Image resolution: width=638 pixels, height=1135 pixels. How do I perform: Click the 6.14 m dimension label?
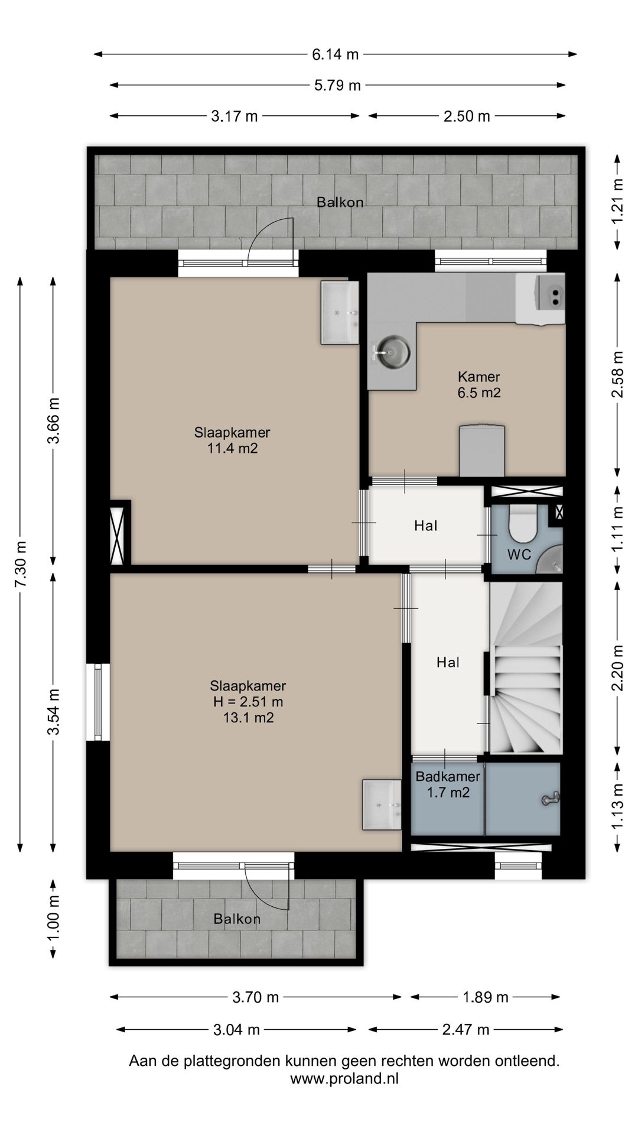[x=336, y=55]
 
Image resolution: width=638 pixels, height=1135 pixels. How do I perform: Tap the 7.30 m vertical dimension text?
[x=21, y=564]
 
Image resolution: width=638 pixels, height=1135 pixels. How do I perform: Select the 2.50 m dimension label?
[x=467, y=116]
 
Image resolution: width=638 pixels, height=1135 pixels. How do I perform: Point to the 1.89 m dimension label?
[x=485, y=997]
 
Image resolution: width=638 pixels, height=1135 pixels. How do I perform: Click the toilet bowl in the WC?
[x=522, y=523]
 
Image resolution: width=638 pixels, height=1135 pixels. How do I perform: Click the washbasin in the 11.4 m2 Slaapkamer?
[x=340, y=312]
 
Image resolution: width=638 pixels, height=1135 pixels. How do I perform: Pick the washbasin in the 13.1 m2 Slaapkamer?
[x=382, y=805]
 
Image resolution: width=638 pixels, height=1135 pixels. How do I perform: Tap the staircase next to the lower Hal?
[x=525, y=668]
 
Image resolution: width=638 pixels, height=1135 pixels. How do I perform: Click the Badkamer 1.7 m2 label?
[x=448, y=784]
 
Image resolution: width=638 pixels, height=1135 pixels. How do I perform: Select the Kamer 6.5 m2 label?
[x=479, y=384]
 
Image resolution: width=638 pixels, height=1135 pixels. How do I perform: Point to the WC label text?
[x=519, y=554]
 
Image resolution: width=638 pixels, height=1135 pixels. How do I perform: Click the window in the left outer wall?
[x=98, y=701]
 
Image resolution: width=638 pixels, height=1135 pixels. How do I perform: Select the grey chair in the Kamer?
[x=483, y=450]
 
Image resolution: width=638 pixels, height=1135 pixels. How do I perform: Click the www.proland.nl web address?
[x=344, y=1078]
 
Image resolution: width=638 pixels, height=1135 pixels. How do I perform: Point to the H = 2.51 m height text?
[x=248, y=702]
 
